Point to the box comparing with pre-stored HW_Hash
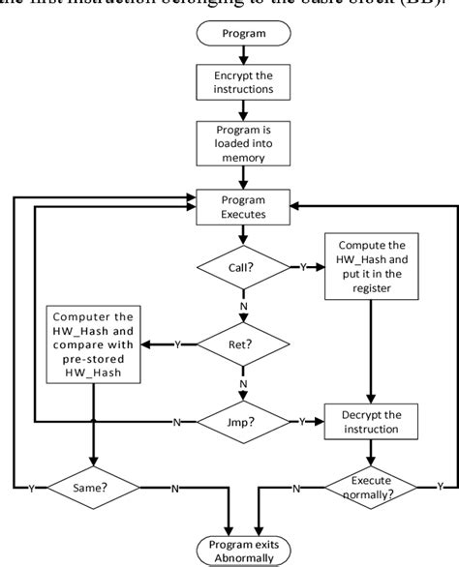(93, 343)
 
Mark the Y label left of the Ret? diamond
(178, 343)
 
